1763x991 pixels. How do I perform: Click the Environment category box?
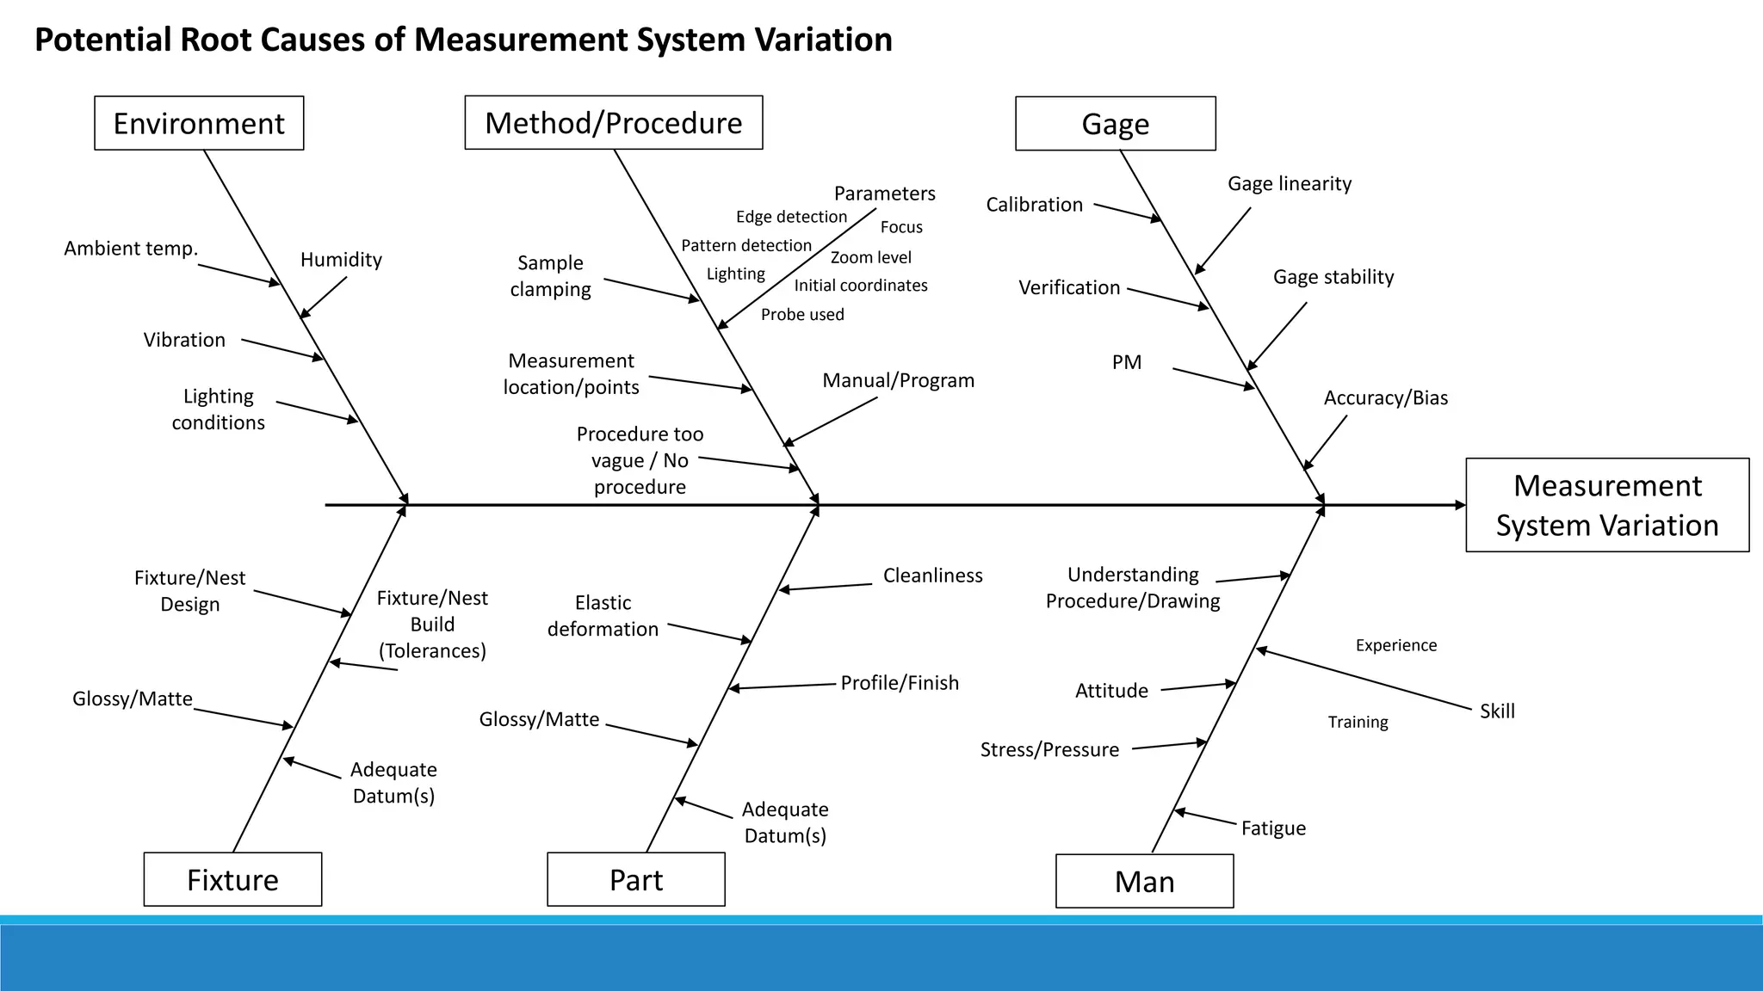(x=199, y=123)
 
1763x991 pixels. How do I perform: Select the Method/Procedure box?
(x=613, y=123)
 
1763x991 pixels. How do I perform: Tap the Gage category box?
(x=1115, y=124)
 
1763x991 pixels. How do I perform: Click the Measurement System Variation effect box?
(x=1606, y=505)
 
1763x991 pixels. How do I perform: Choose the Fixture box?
(x=232, y=879)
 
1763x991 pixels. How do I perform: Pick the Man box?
(x=1144, y=881)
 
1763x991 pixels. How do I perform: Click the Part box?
(x=635, y=879)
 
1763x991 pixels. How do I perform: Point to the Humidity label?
(x=341, y=260)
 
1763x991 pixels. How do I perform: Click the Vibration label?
(x=184, y=340)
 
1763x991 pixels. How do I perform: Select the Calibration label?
(x=1034, y=205)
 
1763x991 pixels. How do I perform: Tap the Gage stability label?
(x=1333, y=277)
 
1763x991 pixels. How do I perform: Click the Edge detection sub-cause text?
(x=791, y=217)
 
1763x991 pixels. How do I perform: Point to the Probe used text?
(x=801, y=315)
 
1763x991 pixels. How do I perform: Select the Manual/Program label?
(x=898, y=380)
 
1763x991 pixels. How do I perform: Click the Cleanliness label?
(x=932, y=576)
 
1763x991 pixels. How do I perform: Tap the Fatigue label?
(x=1272, y=828)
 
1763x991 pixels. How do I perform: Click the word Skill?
(x=1496, y=711)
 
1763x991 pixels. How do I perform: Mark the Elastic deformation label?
(x=603, y=616)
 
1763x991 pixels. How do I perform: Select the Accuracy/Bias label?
(x=1385, y=398)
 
